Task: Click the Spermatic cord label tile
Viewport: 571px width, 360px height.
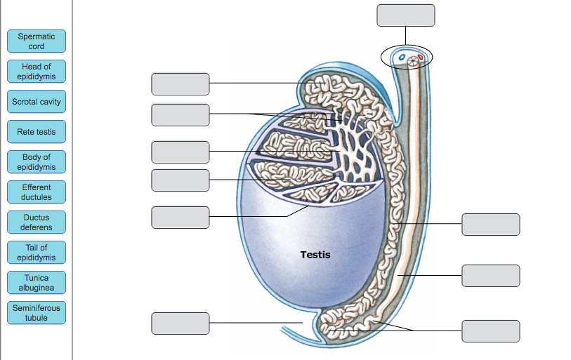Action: tap(37, 41)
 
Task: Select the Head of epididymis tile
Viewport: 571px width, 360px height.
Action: tap(37, 72)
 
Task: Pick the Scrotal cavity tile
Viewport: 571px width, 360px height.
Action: tap(37, 102)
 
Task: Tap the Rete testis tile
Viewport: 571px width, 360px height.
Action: tap(37, 132)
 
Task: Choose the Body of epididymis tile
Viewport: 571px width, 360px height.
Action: tap(37, 162)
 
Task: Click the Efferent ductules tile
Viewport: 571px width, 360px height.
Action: tap(37, 192)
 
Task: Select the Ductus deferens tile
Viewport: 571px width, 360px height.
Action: tap(37, 222)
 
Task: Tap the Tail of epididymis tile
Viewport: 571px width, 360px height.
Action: tap(37, 253)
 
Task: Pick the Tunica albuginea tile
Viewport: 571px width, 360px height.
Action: tap(37, 283)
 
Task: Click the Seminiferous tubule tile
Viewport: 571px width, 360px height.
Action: tap(37, 313)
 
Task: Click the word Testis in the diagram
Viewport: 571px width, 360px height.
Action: tap(315, 255)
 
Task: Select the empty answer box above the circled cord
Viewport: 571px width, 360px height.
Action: tap(405, 15)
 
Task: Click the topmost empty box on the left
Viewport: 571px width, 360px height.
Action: tap(180, 84)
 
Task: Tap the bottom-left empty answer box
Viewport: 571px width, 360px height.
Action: tap(180, 324)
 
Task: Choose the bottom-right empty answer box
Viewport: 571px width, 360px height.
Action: tap(491, 331)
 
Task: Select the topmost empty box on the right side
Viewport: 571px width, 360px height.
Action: tap(491, 225)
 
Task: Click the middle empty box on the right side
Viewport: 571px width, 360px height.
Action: tap(491, 276)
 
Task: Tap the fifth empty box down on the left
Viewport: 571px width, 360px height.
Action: tap(180, 217)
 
